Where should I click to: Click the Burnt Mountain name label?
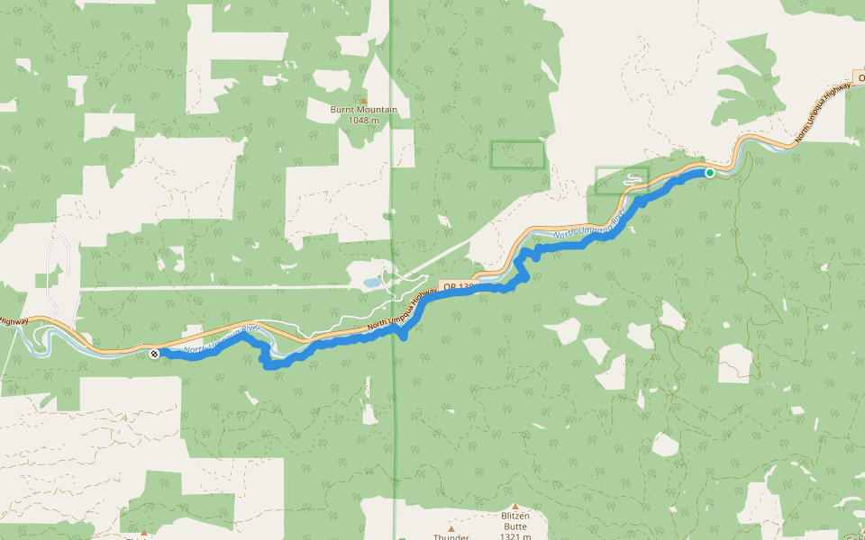point(363,110)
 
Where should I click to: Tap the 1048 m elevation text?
point(363,120)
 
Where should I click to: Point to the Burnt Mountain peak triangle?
point(364,100)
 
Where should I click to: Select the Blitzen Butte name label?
point(514,517)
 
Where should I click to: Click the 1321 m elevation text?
point(514,527)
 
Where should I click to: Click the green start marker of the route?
point(710,173)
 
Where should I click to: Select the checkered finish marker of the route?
point(155,354)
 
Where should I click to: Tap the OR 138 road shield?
point(458,286)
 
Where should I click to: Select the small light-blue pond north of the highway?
point(372,283)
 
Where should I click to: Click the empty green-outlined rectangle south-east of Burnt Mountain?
point(517,156)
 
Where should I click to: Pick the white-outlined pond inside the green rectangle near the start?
point(633,178)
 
